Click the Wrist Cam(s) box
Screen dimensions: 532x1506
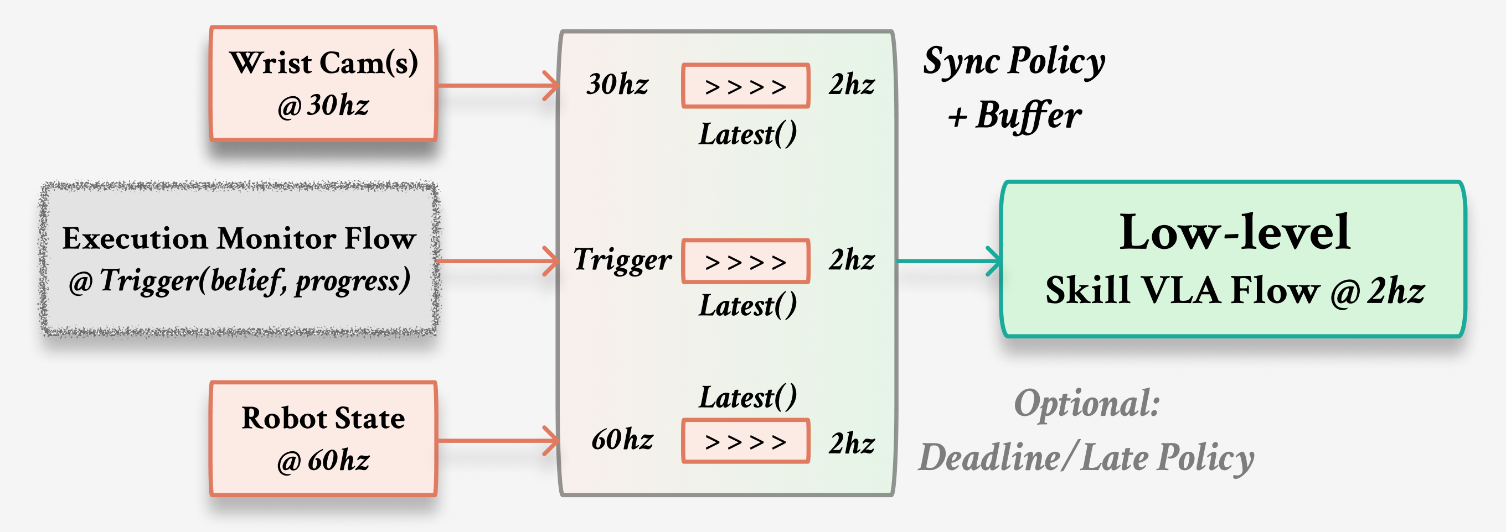(x=323, y=84)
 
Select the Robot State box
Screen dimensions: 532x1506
(x=323, y=439)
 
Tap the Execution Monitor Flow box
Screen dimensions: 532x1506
(x=239, y=259)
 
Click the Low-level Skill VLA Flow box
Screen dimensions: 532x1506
(x=1234, y=259)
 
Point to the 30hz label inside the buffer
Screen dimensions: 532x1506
(x=617, y=85)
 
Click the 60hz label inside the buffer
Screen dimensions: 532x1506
(x=622, y=440)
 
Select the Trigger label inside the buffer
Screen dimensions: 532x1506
(x=622, y=260)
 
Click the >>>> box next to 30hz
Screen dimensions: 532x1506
(x=745, y=86)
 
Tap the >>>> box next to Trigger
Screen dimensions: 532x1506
(x=745, y=262)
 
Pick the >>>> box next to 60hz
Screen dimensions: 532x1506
(x=745, y=441)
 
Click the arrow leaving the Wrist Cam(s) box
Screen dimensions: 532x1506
(x=497, y=86)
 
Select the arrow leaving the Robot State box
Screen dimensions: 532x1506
(x=497, y=440)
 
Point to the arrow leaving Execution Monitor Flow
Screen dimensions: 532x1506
(x=497, y=261)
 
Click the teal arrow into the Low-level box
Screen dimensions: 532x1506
(x=947, y=261)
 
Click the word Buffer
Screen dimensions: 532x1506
(x=1029, y=115)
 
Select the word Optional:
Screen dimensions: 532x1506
(x=1086, y=404)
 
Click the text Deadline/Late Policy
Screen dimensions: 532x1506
(x=1086, y=457)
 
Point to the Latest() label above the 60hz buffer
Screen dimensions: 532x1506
(x=747, y=398)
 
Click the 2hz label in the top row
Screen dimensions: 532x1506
(x=851, y=85)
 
